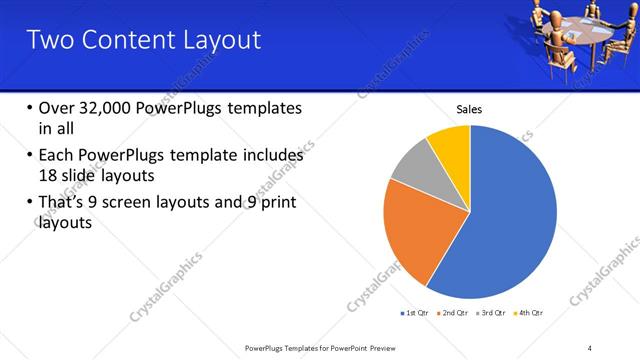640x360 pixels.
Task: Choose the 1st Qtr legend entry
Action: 415,313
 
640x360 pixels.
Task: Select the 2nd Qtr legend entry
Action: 456,313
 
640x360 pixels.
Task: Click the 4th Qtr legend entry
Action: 531,313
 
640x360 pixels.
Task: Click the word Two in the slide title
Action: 48,40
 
